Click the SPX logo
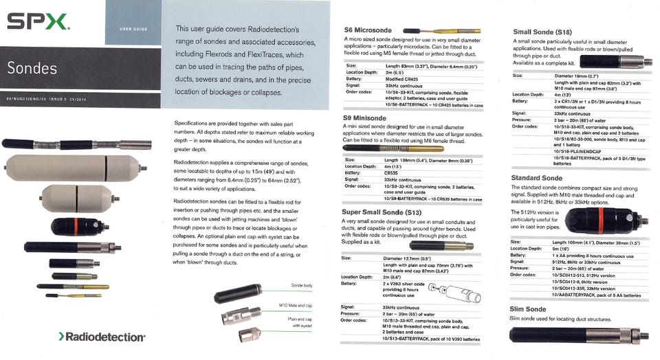(38, 22)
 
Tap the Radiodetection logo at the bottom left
(102, 337)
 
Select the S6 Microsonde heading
(368, 30)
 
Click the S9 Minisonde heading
(367, 118)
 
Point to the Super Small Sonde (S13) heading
(383, 212)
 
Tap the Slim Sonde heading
(527, 309)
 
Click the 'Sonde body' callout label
(302, 285)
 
